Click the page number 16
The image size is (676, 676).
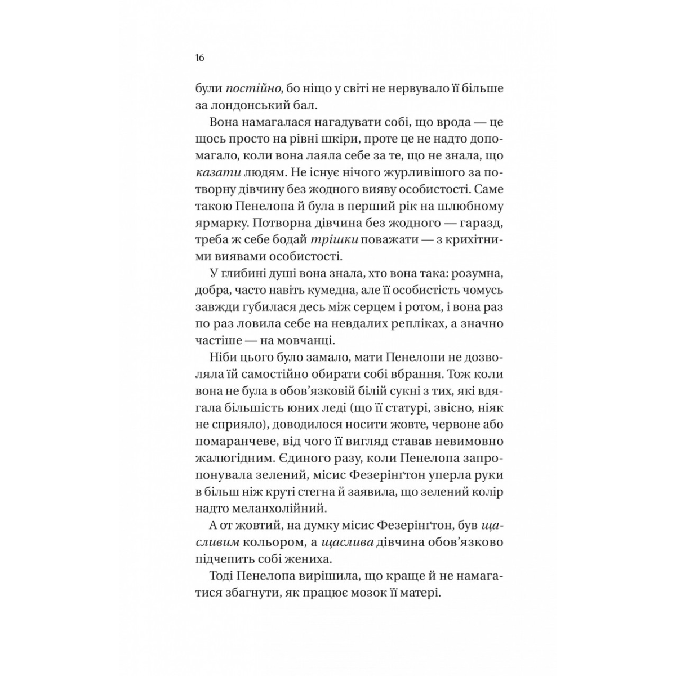point(199,58)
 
